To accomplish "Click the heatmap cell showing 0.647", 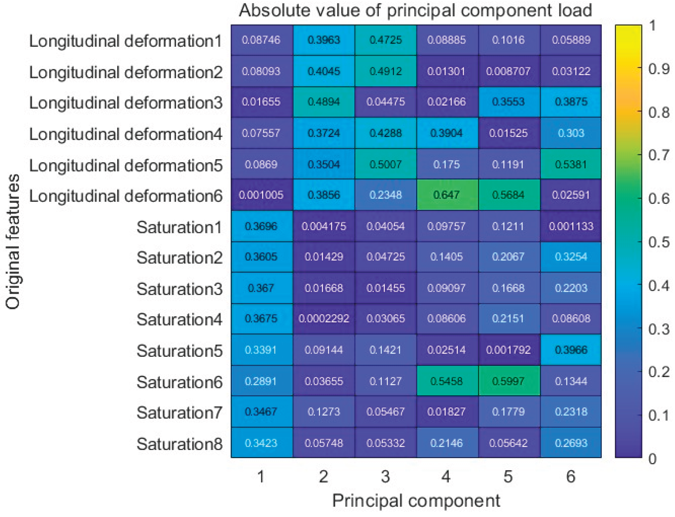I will click(x=447, y=195).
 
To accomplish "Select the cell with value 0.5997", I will click(x=509, y=381).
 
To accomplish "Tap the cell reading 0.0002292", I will click(x=323, y=319).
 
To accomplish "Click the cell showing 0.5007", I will click(x=385, y=164).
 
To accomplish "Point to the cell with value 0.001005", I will click(x=261, y=195).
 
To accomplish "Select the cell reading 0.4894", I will click(x=323, y=102).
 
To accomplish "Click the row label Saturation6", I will click(x=179, y=382).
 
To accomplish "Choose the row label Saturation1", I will click(x=179, y=228).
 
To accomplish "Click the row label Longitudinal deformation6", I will click(x=126, y=196).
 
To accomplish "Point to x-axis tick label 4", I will click(x=446, y=477).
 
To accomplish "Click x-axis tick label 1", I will click(x=261, y=477).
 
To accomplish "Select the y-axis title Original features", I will click(x=13, y=241).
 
